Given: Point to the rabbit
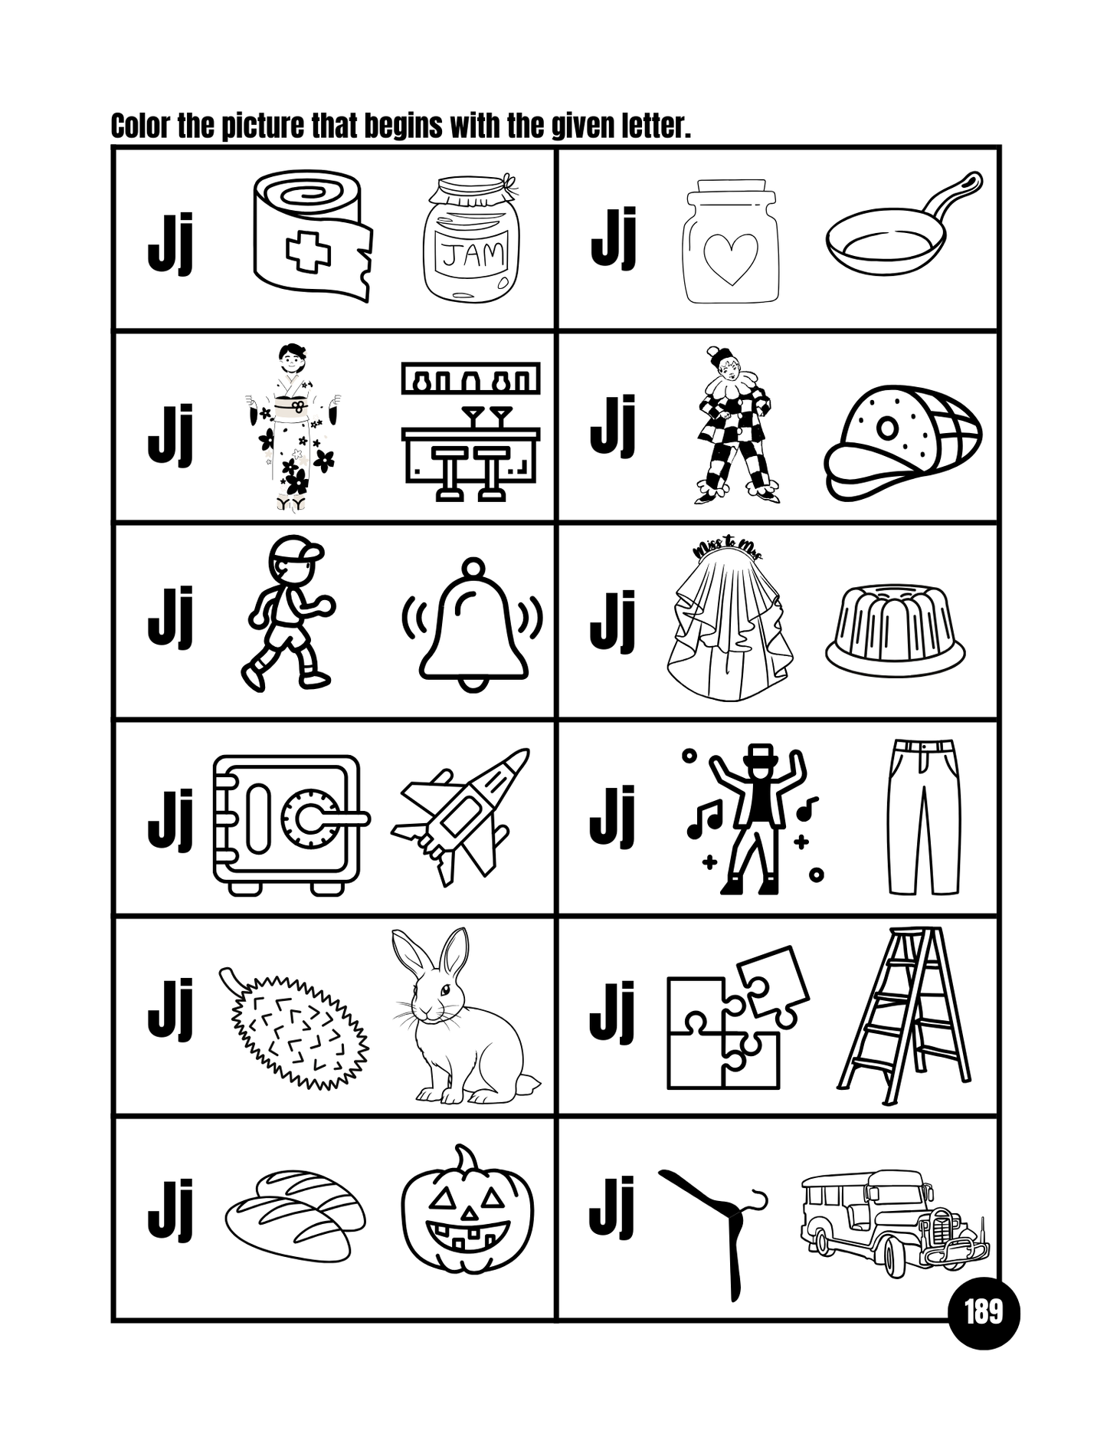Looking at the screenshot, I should (460, 1019).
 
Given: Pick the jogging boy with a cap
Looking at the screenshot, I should (287, 613).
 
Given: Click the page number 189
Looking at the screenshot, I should (983, 1313).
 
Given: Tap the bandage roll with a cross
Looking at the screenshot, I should (310, 234).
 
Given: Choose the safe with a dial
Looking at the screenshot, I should (287, 824).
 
